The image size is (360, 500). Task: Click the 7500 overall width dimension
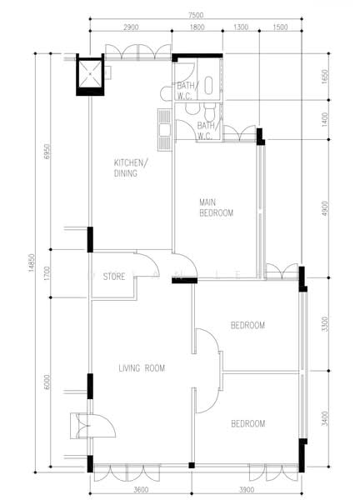[195, 15]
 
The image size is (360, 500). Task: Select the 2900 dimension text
[131, 27]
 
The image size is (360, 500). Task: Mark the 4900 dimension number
[325, 206]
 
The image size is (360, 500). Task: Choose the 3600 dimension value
[140, 490]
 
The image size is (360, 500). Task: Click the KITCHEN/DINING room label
[131, 168]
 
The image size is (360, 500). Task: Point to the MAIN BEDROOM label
[216, 207]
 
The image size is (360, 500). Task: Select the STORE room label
[114, 275]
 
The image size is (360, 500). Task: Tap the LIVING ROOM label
[142, 367]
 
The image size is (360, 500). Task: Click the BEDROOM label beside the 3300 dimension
[247, 325]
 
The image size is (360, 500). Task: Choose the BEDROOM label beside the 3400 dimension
[247, 423]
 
